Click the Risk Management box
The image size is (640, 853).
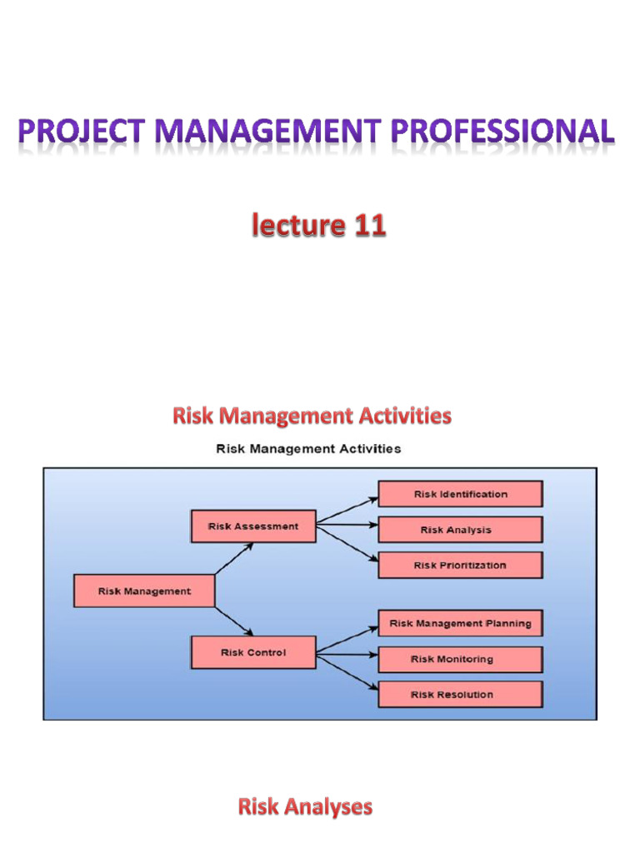(144, 591)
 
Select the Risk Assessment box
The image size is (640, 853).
(253, 526)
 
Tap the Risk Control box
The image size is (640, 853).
(253, 652)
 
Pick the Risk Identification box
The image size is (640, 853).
(460, 494)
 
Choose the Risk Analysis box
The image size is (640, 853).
(460, 530)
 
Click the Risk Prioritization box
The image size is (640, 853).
(460, 565)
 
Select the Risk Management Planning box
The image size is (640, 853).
(460, 623)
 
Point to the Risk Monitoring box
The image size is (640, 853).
(460, 659)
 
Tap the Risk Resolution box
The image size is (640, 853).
(460, 694)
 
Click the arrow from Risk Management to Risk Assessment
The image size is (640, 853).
(234, 558)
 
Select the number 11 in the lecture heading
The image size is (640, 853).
(367, 226)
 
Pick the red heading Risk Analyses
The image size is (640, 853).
(305, 806)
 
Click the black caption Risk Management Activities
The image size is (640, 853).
(308, 449)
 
